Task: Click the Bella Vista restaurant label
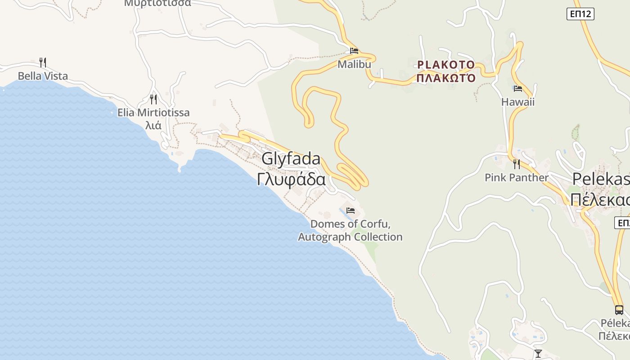[x=43, y=76]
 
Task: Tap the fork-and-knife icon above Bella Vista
[x=43, y=62]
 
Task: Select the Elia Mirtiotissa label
[x=153, y=112]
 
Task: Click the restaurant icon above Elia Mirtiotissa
[x=153, y=99]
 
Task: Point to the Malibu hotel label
[x=354, y=64]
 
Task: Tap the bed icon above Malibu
[x=354, y=51]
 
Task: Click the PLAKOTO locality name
[x=445, y=65]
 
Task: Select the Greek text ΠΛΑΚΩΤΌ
[x=445, y=78]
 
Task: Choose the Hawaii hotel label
[x=517, y=102]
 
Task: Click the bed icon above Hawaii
[x=517, y=89]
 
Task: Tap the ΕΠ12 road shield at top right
[x=580, y=14]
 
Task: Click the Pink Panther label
[x=516, y=177]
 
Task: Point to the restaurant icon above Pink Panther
[x=516, y=164]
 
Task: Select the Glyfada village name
[x=291, y=158]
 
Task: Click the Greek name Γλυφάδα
[x=291, y=179]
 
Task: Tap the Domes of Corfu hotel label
[x=350, y=230]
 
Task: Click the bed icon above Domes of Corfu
[x=350, y=210]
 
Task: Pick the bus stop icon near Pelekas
[x=619, y=310]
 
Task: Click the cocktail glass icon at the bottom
[x=538, y=353]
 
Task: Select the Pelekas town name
[x=600, y=179]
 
